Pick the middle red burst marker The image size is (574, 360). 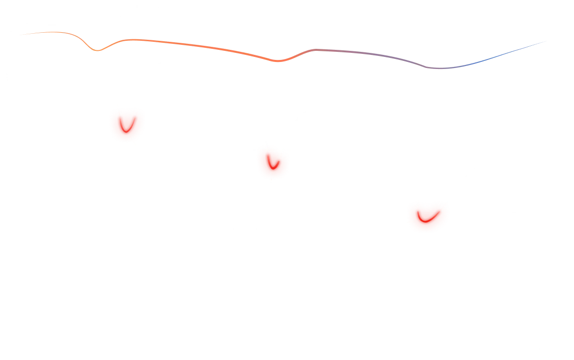[272, 162]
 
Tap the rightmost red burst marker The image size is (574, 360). [427, 217]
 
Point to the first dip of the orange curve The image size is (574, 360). [99, 50]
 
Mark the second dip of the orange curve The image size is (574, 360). [280, 61]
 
